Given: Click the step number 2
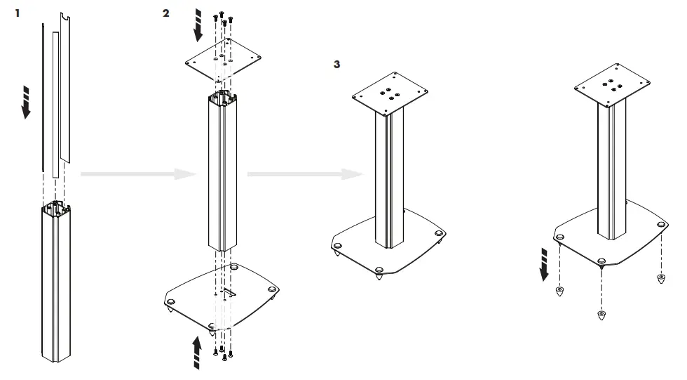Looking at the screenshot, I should click(x=165, y=13).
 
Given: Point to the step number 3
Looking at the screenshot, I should click(x=337, y=64).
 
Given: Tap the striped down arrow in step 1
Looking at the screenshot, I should click(x=27, y=103).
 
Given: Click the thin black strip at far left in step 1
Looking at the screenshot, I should click(x=42, y=98).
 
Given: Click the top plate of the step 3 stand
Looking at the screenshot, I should click(x=389, y=94).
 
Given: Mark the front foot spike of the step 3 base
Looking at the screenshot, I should click(x=379, y=275).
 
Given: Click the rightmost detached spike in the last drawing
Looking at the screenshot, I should click(x=661, y=279).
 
